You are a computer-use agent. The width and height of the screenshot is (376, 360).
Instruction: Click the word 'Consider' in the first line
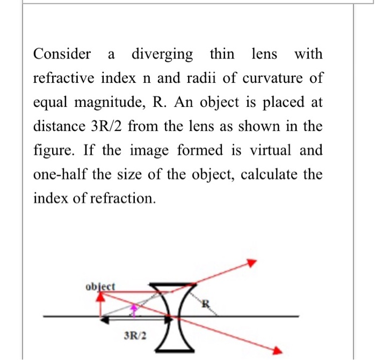pyautogui.click(x=62, y=54)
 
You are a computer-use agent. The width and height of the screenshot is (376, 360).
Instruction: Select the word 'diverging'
pyautogui.click(x=162, y=54)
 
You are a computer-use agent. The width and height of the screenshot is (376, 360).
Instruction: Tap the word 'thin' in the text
pyautogui.click(x=222, y=54)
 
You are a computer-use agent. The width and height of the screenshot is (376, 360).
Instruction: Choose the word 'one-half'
pyautogui.click(x=60, y=175)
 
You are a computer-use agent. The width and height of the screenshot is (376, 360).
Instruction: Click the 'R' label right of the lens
pyautogui.click(x=205, y=306)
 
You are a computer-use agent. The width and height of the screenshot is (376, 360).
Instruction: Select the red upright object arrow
pyautogui.click(x=100, y=304)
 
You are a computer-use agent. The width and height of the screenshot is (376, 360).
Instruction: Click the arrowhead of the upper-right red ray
pyautogui.click(x=251, y=263)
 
